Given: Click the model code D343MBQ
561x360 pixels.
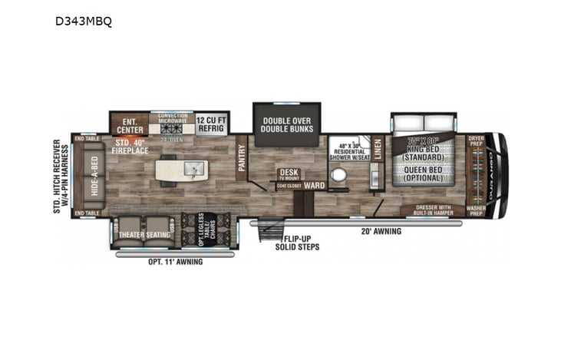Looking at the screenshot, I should [x=83, y=21].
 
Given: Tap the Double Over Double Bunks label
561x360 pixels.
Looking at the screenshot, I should [x=287, y=124].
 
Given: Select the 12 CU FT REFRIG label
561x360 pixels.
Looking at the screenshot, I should [x=210, y=124].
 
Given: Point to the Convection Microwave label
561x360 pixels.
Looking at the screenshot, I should [x=173, y=118].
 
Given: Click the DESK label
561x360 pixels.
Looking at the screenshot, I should [x=289, y=173].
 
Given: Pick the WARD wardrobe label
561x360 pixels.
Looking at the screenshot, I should [x=312, y=185].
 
